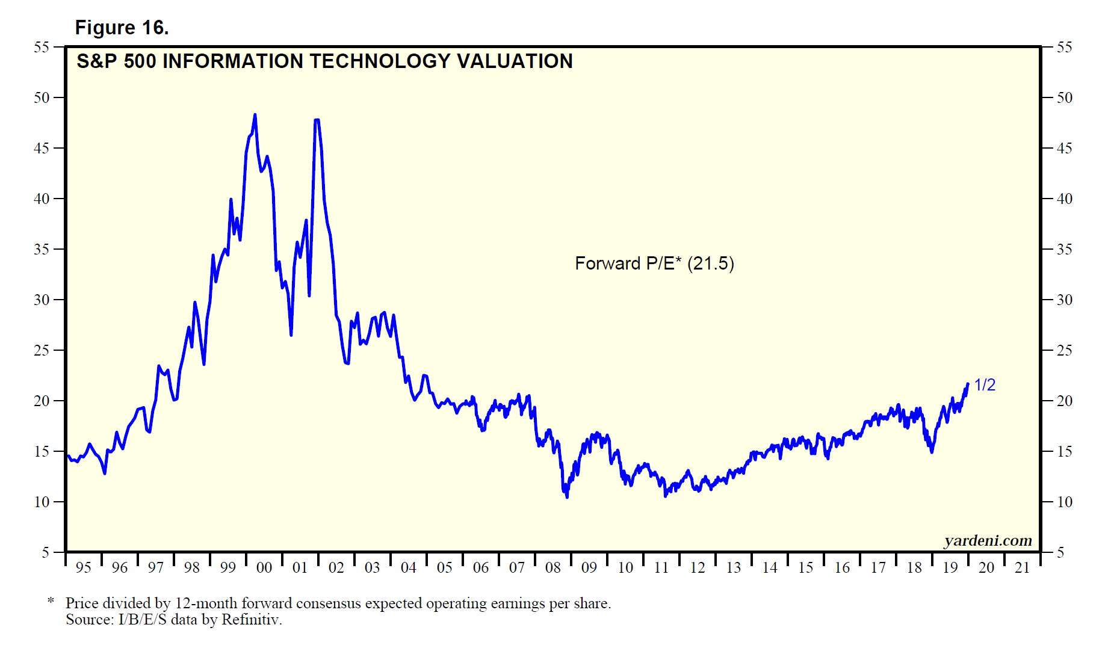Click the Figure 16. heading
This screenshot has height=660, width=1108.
click(122, 28)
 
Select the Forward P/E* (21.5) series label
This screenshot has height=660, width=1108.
click(654, 264)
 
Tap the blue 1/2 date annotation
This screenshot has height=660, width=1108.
click(985, 385)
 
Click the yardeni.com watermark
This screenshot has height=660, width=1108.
click(988, 540)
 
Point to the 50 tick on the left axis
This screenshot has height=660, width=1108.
click(42, 97)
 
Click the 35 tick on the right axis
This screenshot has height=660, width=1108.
click(1065, 249)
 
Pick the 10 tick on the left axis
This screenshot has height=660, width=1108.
click(42, 502)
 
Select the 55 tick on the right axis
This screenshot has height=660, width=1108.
click(1065, 47)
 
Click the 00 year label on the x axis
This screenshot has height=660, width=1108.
click(264, 567)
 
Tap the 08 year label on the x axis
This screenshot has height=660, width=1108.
click(552, 567)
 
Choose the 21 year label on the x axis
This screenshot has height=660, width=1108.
click(1023, 567)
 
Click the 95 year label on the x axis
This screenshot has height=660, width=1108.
click(84, 567)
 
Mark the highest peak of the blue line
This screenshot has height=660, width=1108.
click(255, 114)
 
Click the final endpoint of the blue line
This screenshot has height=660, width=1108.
click(968, 384)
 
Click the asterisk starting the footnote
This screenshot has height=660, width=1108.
click(51, 601)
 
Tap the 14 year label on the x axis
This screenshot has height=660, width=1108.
click(770, 567)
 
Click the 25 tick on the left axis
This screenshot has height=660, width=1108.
click(42, 350)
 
